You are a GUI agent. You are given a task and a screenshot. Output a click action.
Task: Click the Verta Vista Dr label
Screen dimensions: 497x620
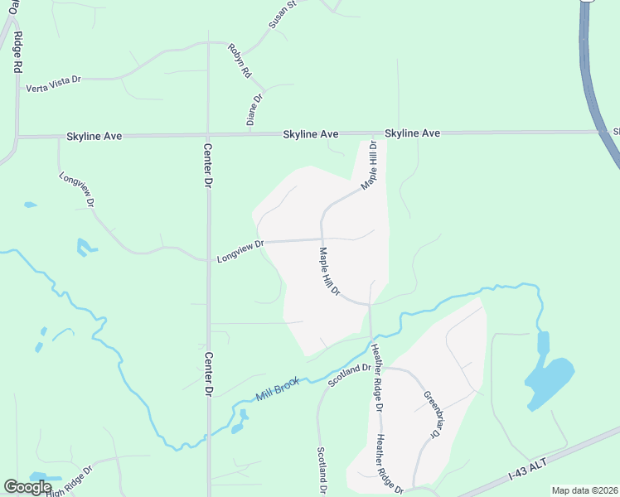point(53,84)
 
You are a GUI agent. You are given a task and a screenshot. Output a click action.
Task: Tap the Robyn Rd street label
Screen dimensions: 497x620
point(240,60)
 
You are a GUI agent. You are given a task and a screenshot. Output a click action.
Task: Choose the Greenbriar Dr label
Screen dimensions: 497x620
point(429,414)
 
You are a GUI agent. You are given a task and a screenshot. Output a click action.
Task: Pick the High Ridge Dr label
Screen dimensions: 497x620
point(70,482)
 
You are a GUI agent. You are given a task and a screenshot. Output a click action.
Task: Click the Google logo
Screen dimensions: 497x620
point(27,488)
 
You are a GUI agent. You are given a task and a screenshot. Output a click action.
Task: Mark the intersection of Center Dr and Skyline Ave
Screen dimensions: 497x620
point(208,135)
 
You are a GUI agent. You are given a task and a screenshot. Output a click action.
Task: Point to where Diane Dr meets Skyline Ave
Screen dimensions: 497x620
point(248,134)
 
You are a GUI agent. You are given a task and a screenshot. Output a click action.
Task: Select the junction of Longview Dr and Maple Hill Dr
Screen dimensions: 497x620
point(322,240)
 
